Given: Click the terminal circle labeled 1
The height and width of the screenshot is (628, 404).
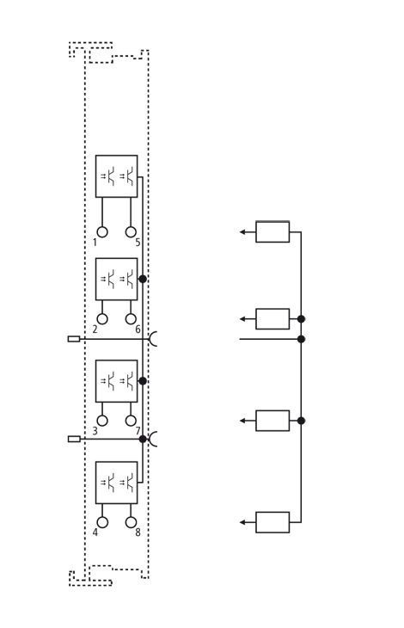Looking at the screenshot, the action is [x=102, y=232].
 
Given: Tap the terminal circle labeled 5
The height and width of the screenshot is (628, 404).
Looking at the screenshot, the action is [x=131, y=232].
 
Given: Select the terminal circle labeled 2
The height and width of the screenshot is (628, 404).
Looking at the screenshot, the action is [x=102, y=319].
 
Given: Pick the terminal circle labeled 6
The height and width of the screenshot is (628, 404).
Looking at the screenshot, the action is [x=131, y=319].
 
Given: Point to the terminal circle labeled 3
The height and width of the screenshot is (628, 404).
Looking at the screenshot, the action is [x=102, y=421].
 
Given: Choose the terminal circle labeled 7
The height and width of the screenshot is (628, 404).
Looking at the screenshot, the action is [x=131, y=421].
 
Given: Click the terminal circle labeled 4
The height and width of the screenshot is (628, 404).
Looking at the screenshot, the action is [x=102, y=522].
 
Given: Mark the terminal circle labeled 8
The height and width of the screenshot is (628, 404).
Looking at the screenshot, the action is [x=131, y=522].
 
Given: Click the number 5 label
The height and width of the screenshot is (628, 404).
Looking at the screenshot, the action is [x=138, y=243].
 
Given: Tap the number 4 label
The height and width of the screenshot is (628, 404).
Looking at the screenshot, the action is [x=95, y=533].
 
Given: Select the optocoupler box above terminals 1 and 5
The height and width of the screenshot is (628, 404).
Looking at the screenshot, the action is [x=116, y=176].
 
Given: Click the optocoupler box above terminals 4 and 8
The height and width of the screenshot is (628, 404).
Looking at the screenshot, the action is [x=116, y=483].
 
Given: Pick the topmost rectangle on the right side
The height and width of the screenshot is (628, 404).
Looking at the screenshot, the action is [x=272, y=232].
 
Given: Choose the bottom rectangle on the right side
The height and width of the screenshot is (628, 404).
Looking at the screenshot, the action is [x=272, y=522].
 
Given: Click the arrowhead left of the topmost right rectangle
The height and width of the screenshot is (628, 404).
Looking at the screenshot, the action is [x=242, y=232].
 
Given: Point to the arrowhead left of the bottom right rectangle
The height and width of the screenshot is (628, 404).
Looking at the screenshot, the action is [x=242, y=522].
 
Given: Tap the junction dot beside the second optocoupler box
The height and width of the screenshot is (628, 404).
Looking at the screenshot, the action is [x=143, y=279].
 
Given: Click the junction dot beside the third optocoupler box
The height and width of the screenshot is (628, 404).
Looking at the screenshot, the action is [x=143, y=380].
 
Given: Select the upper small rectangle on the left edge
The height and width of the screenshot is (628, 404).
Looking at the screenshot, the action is [x=74, y=339].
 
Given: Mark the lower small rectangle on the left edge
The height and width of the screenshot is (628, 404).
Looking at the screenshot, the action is [x=74, y=439].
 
